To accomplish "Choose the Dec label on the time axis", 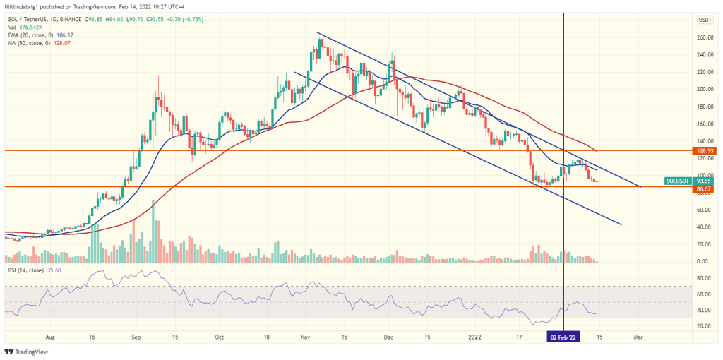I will pyautogui.click(x=389, y=337).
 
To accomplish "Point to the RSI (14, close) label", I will pyautogui.click(x=28, y=270).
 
